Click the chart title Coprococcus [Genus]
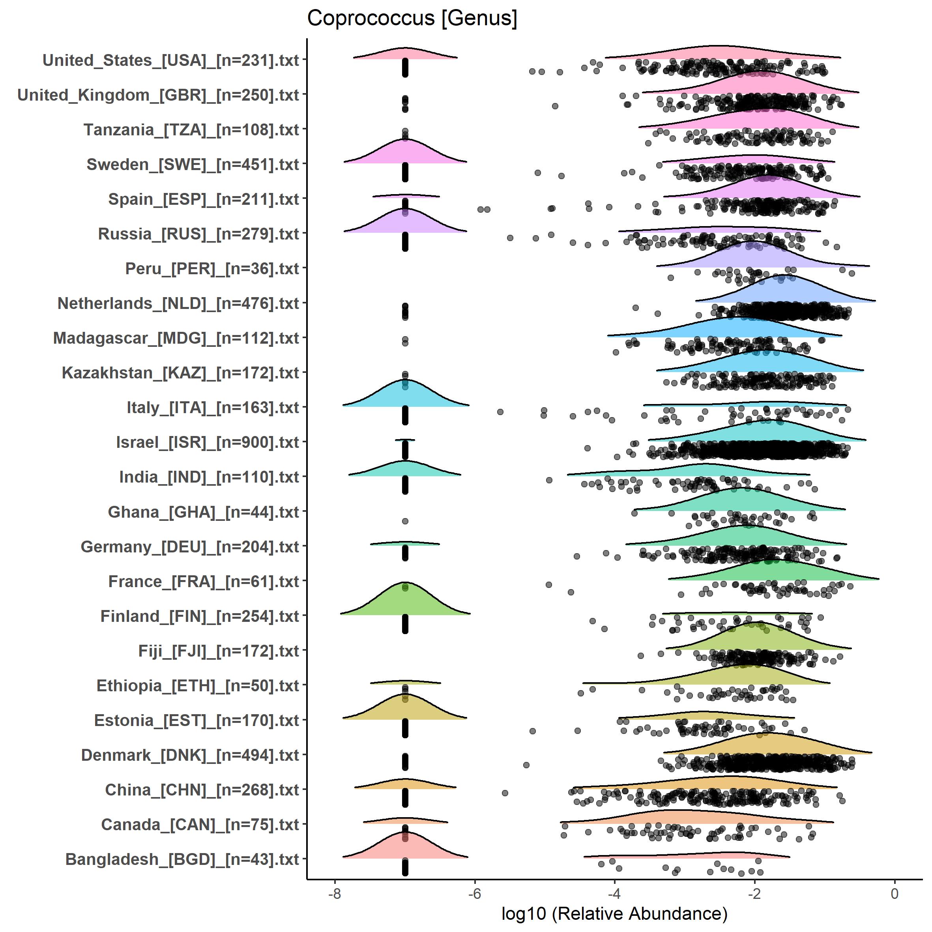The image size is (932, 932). [412, 18]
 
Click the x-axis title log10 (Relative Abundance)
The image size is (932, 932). [614, 913]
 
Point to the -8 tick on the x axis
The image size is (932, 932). [334, 893]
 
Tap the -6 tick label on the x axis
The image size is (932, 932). [475, 893]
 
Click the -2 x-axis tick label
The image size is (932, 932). [754, 893]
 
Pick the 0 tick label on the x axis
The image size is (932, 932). [895, 893]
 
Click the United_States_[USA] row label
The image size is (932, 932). [171, 60]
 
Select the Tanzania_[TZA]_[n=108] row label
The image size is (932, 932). [191, 130]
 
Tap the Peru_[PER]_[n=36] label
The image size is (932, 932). [212, 269]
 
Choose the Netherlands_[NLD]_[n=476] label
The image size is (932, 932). [178, 303]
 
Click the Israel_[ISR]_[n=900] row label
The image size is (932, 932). [208, 442]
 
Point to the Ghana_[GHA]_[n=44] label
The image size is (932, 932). [204, 512]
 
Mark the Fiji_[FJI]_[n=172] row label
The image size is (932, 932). [219, 651]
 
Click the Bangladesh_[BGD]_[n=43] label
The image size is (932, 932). [182, 859]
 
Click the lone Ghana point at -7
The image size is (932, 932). [405, 521]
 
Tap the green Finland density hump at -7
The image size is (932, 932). [405, 601]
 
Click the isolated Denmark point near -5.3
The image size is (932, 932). [526, 765]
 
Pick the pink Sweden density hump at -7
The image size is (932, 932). [405, 152]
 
